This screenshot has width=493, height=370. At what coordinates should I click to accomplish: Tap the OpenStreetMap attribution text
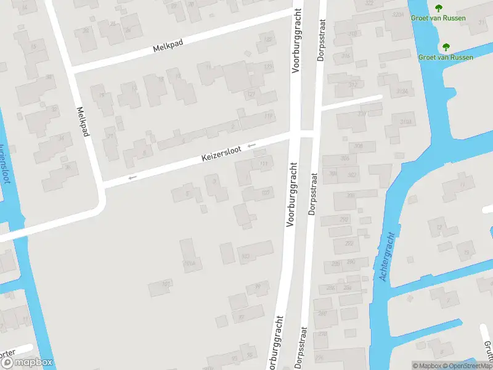coord(468,366)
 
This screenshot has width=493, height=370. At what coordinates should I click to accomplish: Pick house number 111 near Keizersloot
coord(264,164)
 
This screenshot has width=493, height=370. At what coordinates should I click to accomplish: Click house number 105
coord(266,192)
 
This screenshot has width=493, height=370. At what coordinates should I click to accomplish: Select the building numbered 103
coord(245,256)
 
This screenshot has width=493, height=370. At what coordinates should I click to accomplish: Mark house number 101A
coord(189,263)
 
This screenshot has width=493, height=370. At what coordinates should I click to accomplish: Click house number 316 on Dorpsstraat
coord(346,56)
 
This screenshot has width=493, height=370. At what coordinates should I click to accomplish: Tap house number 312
coord(352,85)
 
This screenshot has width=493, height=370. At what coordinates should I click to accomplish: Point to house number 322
coord(369,3)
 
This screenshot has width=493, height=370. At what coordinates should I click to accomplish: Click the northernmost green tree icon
coord(438,8)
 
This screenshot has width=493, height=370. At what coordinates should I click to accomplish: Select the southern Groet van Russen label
coord(446,57)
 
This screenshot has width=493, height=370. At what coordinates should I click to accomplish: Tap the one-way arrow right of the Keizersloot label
coord(251,146)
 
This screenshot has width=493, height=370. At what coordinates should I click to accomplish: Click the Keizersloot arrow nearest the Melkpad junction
coord(131,178)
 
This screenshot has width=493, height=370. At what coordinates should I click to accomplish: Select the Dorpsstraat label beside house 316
coord(320,38)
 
